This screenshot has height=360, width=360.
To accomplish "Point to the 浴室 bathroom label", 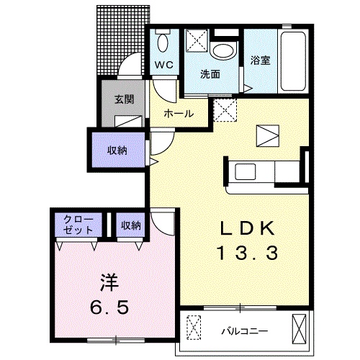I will tap(261, 61).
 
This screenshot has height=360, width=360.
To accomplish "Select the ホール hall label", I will tap(178, 114).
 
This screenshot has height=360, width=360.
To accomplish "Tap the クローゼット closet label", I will tap(77, 225).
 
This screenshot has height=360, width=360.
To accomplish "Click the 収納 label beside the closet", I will tap(130, 225).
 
